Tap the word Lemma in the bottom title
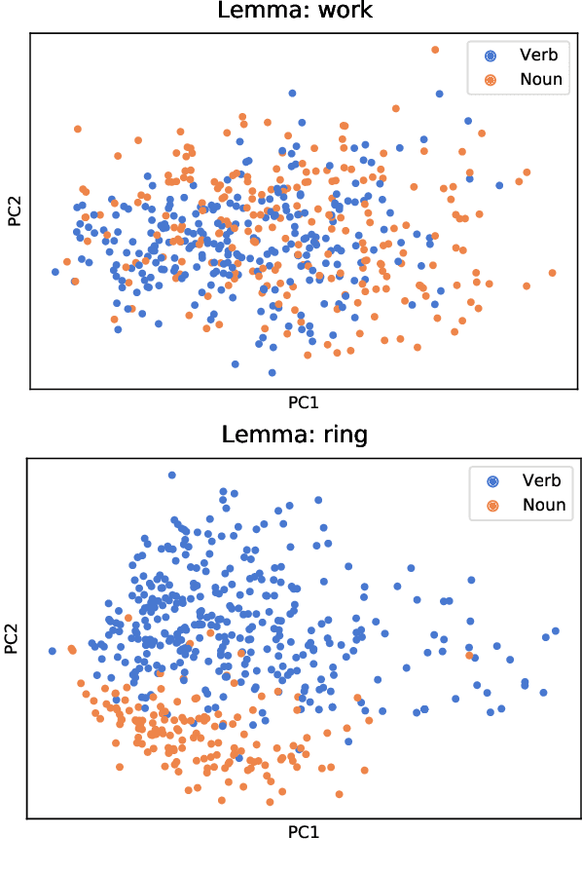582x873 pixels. (260, 434)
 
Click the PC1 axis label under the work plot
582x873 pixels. (304, 401)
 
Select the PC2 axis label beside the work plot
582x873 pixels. (15, 209)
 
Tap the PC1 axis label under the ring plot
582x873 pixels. (304, 833)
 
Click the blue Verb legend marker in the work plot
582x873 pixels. (490, 56)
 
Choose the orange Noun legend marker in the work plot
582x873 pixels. (490, 80)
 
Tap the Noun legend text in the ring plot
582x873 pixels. (543, 505)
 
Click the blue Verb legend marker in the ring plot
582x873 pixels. (492, 480)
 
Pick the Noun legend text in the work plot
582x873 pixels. (541, 80)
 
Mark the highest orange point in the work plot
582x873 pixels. (435, 49)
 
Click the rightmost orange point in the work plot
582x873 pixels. (552, 273)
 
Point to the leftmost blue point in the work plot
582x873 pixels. (55, 272)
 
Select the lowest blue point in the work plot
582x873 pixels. (272, 372)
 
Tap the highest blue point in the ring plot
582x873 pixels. (172, 475)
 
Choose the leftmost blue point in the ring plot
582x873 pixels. (53, 650)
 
